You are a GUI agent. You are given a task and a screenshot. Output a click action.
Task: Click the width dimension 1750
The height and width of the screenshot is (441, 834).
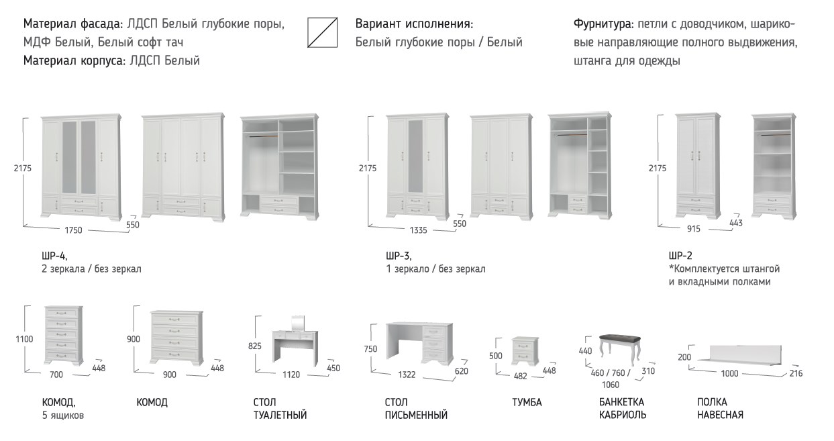pos(73,230)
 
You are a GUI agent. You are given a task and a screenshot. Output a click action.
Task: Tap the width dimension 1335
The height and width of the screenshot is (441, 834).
pos(418,230)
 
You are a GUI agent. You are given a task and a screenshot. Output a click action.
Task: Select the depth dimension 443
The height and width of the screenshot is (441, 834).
pos(736,223)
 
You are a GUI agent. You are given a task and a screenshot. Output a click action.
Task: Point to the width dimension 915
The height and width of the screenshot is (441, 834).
pos(694,229)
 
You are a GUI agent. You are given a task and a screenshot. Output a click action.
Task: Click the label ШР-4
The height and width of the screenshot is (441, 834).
pos(54,256)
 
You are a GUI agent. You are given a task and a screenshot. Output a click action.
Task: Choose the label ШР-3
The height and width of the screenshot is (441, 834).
pos(399,256)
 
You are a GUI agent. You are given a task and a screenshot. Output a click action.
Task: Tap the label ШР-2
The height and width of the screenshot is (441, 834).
pos(680,256)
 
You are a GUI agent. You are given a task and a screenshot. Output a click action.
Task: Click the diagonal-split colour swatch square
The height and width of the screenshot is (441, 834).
pos(323,32)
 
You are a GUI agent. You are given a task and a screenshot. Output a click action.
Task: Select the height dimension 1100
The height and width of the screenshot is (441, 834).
pos(24,339)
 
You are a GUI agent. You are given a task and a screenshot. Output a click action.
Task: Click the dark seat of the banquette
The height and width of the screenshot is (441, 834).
pos(619,340)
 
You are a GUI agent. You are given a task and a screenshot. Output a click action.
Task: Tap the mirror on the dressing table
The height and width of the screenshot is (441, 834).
pos(297,323)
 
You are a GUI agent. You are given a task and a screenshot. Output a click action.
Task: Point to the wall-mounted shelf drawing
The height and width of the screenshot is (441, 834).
pos(739,353)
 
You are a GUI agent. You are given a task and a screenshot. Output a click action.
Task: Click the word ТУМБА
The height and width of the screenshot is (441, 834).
pos(527,402)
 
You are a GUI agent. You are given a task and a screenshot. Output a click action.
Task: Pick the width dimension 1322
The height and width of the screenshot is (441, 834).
pos(407,375)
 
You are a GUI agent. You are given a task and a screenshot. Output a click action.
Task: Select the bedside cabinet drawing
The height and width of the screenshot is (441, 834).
pos(525,351)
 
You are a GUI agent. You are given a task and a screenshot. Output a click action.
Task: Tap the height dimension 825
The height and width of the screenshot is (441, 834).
pos(255,346)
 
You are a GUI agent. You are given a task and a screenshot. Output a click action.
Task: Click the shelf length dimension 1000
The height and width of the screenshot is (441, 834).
pos(729,373)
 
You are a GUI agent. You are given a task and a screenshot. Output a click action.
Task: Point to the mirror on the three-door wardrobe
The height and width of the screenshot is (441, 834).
pos(416,156)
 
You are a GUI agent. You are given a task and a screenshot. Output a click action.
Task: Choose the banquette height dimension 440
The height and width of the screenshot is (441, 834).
pos(585,351)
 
